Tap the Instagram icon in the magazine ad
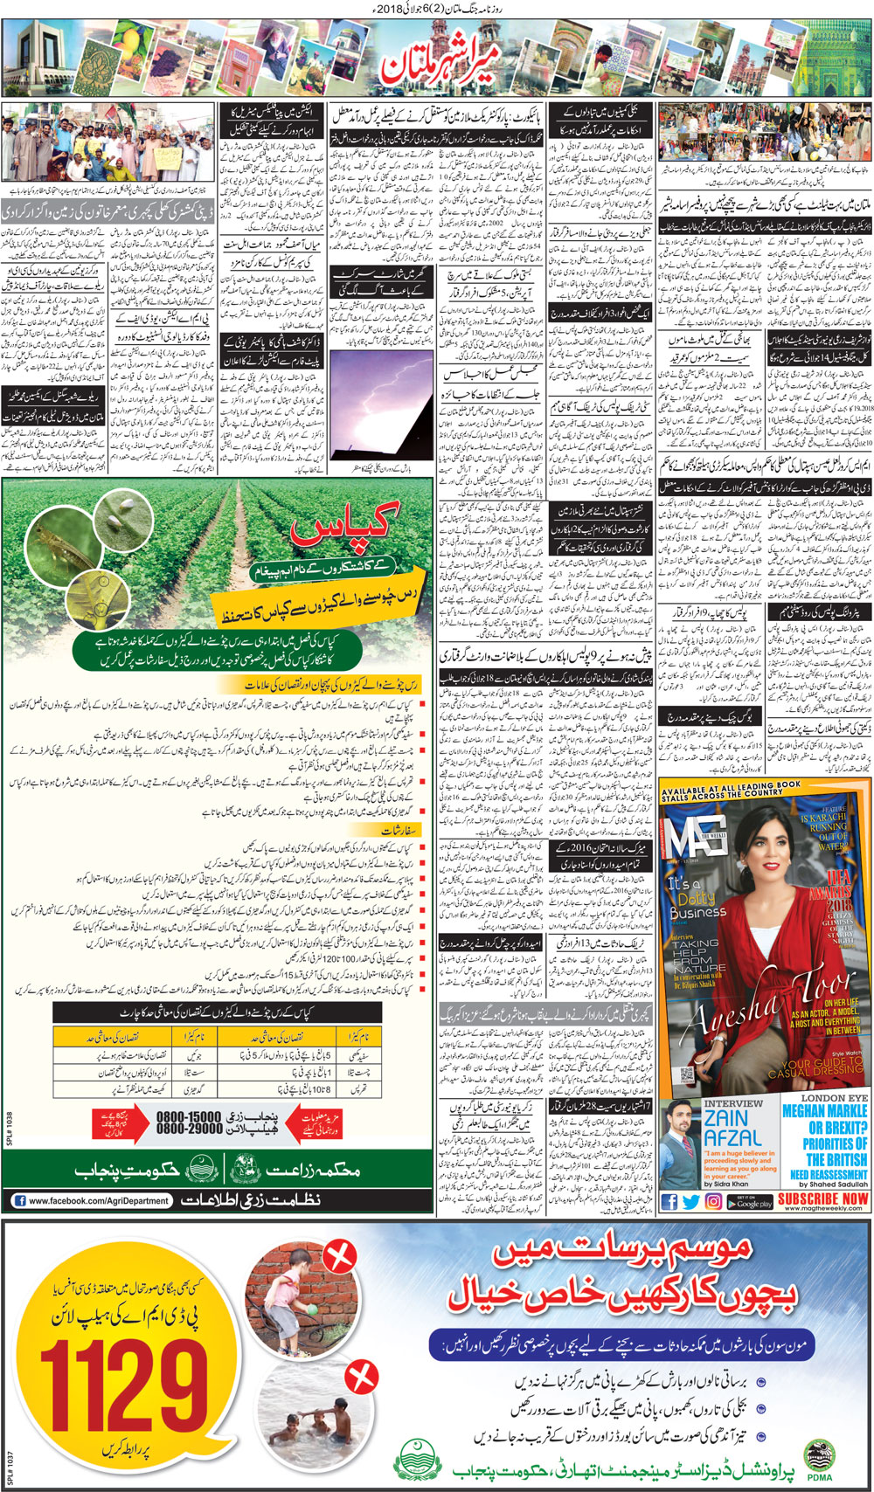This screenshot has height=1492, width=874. pos(714,1202)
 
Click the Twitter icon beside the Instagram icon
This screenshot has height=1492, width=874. pos(691,1202)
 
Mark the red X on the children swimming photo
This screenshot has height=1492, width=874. pos(359,1380)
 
